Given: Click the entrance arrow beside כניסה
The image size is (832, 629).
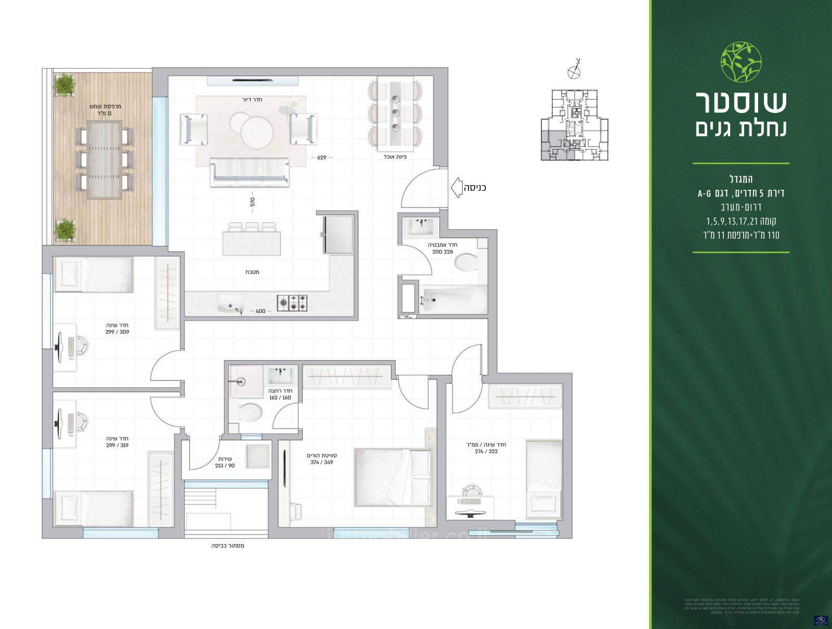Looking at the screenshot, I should click(x=456, y=188).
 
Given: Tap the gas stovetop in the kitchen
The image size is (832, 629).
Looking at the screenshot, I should click(x=292, y=303).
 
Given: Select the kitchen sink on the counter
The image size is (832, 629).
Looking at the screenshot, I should click(x=230, y=304).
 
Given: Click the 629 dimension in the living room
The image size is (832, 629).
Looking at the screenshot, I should click(x=322, y=158).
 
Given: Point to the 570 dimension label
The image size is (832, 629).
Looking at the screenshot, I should click(x=253, y=202).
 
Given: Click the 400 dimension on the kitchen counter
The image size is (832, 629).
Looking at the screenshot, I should click(x=261, y=311).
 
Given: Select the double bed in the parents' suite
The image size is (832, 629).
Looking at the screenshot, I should click(x=393, y=477).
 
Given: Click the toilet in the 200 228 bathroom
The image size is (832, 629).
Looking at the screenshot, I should click(x=466, y=262).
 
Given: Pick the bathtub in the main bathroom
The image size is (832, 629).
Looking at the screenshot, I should click(x=452, y=300).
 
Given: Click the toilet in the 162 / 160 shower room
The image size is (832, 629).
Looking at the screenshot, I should click(x=250, y=412).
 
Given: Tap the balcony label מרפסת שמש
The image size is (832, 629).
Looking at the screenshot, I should click(x=105, y=107).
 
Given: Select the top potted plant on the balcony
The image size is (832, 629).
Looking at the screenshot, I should click(x=64, y=85).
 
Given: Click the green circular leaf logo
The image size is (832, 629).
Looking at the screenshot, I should click(x=741, y=62).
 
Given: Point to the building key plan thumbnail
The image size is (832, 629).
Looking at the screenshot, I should click(x=574, y=125).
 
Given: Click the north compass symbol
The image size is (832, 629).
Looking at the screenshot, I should click(x=574, y=71).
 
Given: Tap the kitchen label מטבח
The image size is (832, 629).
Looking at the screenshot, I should click(x=252, y=272).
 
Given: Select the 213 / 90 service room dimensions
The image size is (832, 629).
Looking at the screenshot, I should click(x=225, y=466).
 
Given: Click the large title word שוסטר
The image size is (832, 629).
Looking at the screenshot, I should click(x=741, y=102).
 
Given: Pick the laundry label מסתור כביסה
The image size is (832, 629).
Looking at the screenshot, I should click(x=227, y=546).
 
